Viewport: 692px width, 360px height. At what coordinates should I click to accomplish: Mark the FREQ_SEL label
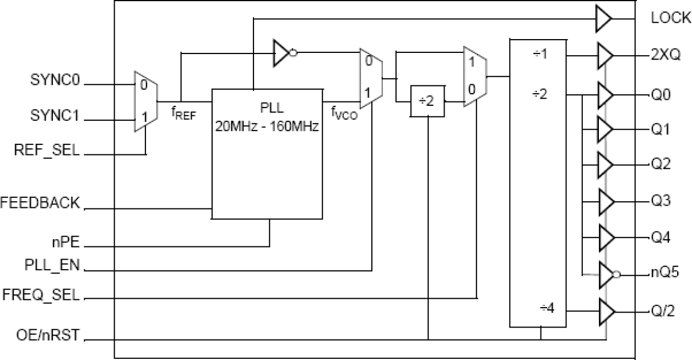(x=48, y=295)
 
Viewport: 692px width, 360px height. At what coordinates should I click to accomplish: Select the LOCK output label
(x=670, y=18)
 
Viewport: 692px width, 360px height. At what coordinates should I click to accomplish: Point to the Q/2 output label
(x=663, y=311)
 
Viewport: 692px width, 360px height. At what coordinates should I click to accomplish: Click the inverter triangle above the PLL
(x=282, y=53)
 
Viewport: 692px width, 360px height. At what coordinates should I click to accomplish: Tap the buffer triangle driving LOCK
(x=603, y=19)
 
